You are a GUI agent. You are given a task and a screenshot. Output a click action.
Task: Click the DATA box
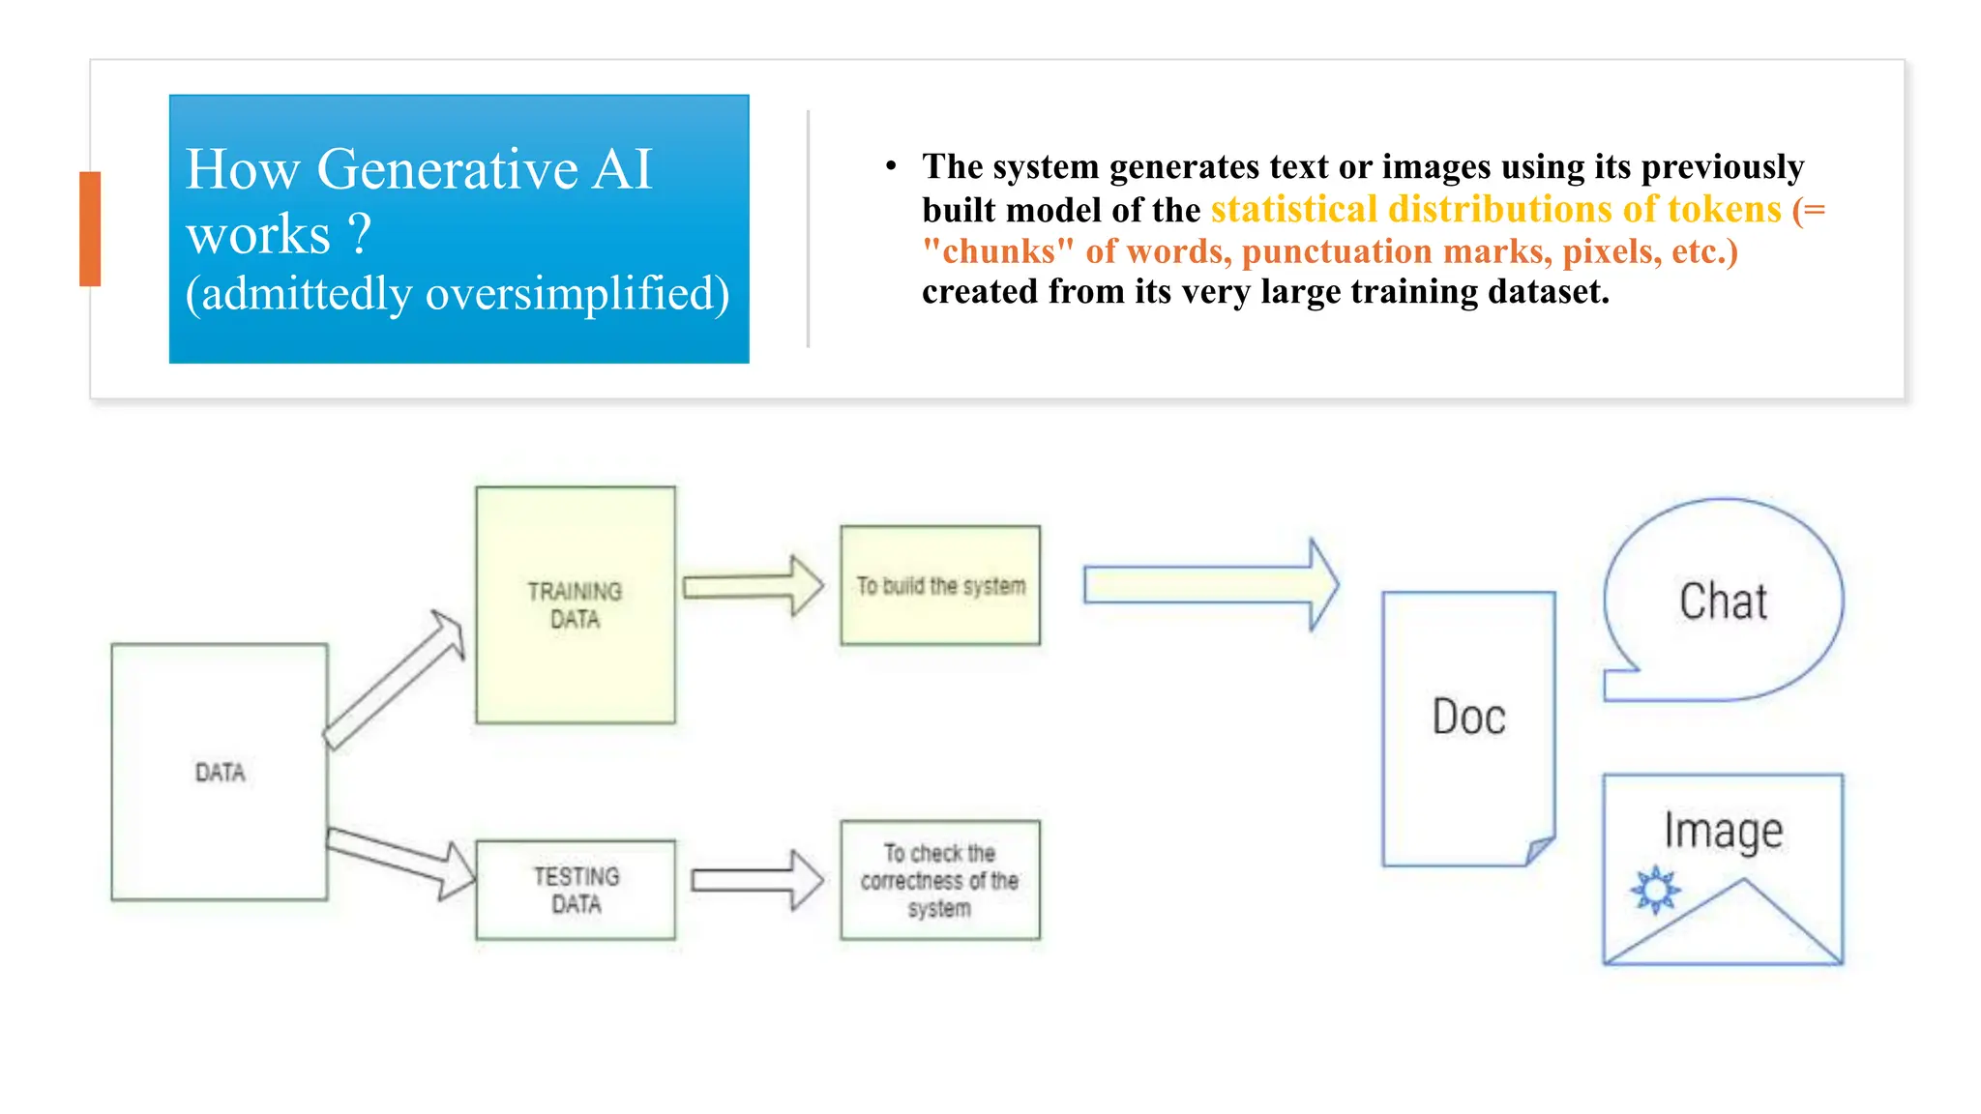(220, 772)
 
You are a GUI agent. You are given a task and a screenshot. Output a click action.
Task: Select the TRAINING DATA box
(576, 605)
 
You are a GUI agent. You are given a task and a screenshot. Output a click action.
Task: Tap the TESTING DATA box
(576, 890)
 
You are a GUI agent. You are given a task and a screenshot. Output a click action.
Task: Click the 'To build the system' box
(940, 586)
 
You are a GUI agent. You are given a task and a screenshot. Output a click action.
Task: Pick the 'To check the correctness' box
(940, 880)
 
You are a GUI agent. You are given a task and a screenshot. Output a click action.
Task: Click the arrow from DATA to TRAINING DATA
(395, 680)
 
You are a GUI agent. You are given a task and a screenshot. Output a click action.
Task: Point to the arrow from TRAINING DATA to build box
(753, 586)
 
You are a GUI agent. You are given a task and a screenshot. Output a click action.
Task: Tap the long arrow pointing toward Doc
(1210, 585)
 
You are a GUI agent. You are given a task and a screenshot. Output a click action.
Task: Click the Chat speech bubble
(1724, 601)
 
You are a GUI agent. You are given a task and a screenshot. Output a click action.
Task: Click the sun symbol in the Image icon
(1656, 889)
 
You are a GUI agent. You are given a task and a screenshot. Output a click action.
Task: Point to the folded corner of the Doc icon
(1539, 850)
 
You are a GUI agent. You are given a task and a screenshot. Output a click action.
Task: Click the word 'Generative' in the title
(447, 169)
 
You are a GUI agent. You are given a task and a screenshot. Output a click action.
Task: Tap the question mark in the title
(359, 235)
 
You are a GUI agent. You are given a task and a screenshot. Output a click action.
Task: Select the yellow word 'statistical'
(1294, 210)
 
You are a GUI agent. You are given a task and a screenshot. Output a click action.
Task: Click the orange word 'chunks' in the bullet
(998, 251)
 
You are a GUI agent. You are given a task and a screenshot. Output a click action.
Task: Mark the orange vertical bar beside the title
(90, 228)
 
